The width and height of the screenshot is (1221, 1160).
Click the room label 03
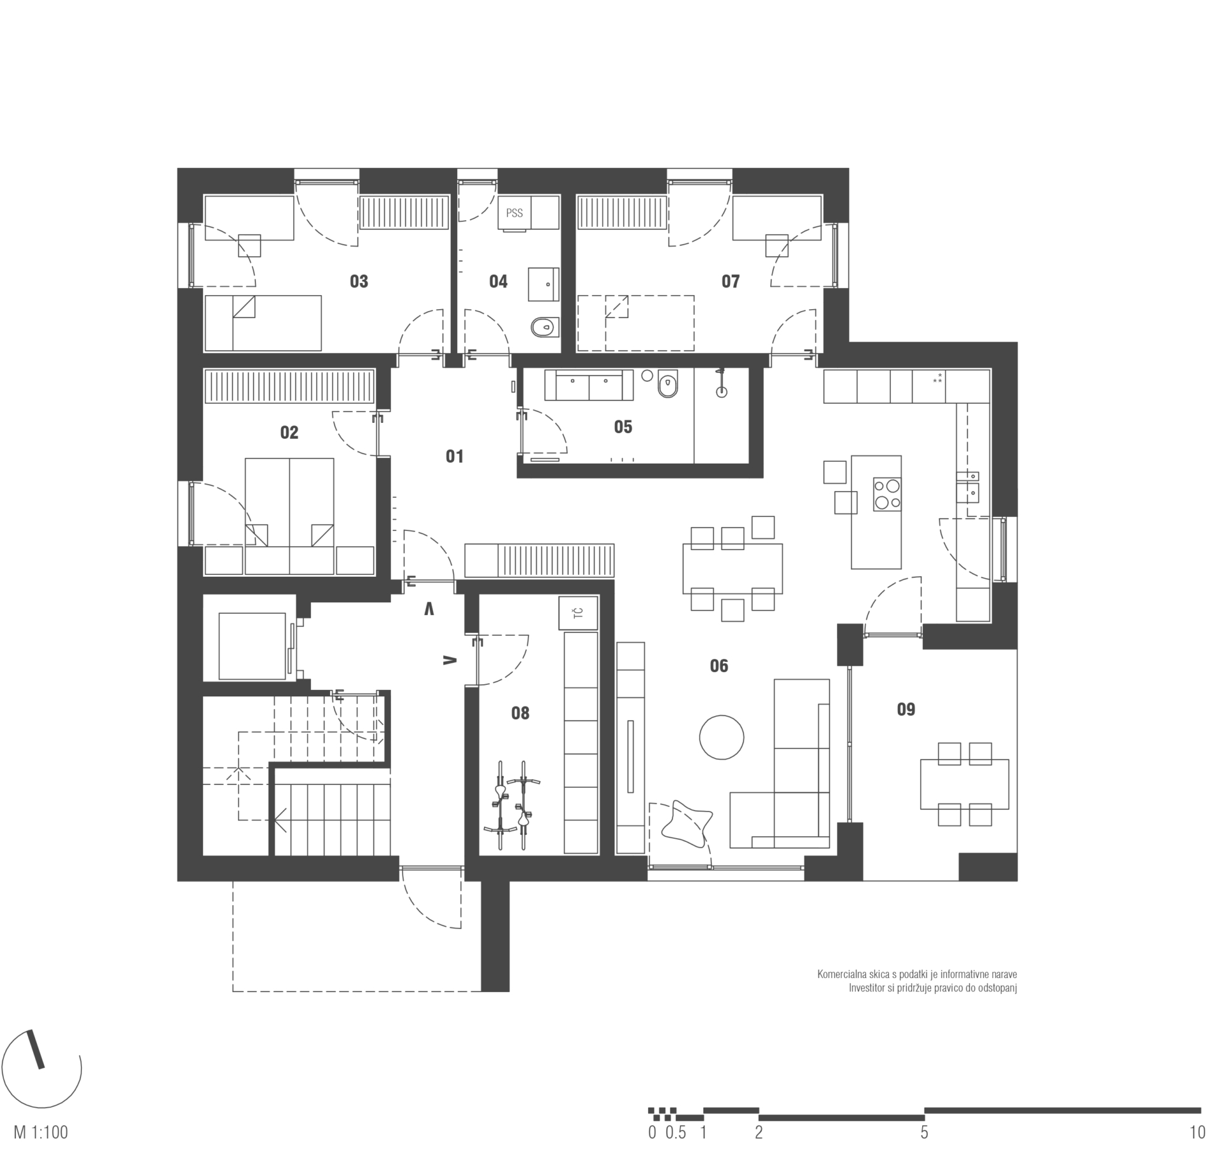point(359,281)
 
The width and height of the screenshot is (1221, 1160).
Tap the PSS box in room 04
point(514,213)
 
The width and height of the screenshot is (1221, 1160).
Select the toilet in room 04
point(544,328)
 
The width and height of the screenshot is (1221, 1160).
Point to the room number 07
point(730,281)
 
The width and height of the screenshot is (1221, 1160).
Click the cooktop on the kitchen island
point(887,494)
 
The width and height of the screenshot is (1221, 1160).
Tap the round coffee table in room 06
point(721,736)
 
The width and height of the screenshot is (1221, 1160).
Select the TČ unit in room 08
point(579,613)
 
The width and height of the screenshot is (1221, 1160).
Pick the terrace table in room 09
point(964,784)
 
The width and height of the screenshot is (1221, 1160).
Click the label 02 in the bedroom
point(289,432)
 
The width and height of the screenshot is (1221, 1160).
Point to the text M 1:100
point(41,1133)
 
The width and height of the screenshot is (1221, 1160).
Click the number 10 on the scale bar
point(1197,1133)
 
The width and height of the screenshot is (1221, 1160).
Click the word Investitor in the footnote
point(867,988)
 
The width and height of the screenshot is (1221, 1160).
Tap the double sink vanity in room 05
point(589,385)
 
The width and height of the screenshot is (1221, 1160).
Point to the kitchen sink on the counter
point(972,484)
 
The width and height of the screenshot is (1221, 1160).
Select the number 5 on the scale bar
point(924,1133)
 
